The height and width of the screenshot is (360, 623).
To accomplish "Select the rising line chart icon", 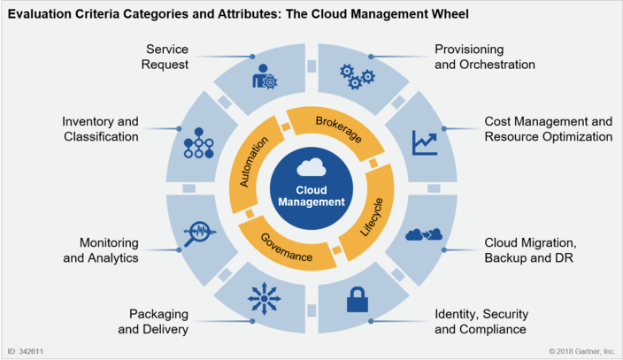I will tap(424, 142).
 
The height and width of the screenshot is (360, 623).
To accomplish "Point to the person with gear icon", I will tap(265, 77).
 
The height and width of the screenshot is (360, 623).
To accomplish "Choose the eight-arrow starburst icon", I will tap(265, 298).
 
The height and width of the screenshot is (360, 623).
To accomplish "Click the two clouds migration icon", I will tap(423, 234).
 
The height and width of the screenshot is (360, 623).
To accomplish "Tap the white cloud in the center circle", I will tap(311, 167).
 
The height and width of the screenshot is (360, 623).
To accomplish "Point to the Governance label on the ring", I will tap(287, 249).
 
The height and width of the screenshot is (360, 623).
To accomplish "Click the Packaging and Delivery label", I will tap(159, 321).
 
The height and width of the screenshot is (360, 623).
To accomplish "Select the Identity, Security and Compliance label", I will tap(481, 321).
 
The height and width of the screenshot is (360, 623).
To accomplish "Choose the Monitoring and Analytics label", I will tap(108, 249).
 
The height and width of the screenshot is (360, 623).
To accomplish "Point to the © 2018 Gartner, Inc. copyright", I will tap(581, 351).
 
